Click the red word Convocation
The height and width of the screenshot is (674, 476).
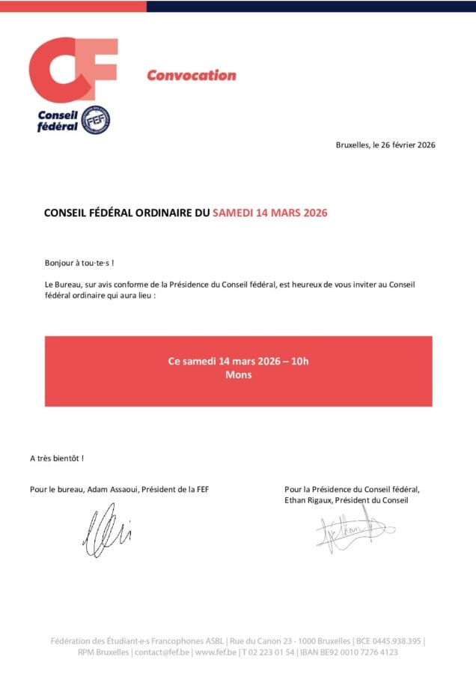click(191, 75)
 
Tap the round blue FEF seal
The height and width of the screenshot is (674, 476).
click(95, 120)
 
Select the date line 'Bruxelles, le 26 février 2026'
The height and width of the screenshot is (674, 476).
click(385, 145)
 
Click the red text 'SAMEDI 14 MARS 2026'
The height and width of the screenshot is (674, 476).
click(269, 213)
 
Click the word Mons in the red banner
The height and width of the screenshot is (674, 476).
click(238, 374)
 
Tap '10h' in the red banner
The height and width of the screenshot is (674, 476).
click(300, 361)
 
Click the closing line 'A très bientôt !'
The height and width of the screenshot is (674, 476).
click(57, 458)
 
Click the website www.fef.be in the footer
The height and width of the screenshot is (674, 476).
click(216, 652)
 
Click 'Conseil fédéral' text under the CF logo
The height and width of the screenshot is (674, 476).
click(58, 121)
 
